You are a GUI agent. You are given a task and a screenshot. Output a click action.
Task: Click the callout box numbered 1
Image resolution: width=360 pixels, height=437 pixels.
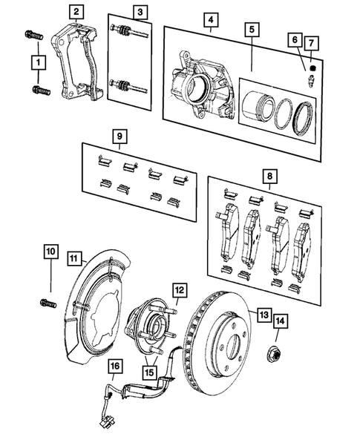click(36, 65)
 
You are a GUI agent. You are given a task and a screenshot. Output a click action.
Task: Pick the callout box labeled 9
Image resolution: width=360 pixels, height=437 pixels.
click(117, 136)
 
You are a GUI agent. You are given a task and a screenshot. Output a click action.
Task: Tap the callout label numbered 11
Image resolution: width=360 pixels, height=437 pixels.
click(75, 258)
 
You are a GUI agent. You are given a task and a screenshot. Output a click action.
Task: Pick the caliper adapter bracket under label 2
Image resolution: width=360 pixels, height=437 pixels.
click(78, 63)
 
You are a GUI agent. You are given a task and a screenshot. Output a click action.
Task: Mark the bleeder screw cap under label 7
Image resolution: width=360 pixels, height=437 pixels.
click(312, 68)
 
